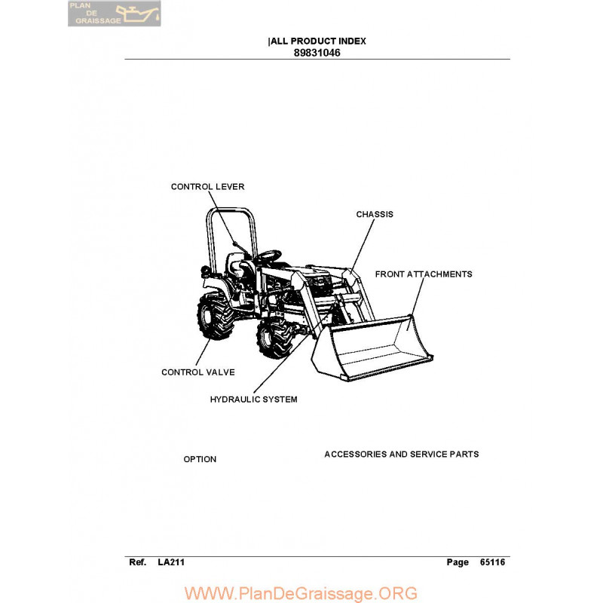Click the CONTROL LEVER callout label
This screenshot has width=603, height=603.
[208, 186]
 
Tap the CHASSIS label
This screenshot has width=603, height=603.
[375, 214]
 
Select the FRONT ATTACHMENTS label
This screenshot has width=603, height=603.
[424, 274]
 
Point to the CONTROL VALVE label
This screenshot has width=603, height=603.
[198, 372]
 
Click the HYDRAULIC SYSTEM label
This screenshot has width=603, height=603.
[253, 399]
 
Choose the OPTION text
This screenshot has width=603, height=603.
[200, 459]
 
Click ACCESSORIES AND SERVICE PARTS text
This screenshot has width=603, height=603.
[402, 455]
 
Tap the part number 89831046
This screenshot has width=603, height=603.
[317, 53]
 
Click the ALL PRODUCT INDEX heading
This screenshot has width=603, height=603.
[318, 41]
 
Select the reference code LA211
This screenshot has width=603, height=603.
[171, 562]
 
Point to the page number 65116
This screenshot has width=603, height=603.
[492, 562]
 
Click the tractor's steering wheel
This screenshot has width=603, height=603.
[269, 256]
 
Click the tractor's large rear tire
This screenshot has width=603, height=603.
[215, 316]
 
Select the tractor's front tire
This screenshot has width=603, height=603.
[274, 338]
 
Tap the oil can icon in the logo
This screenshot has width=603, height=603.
[138, 14]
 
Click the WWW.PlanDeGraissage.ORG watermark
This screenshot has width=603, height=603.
[301, 593]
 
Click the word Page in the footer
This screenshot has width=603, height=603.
[458, 562]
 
